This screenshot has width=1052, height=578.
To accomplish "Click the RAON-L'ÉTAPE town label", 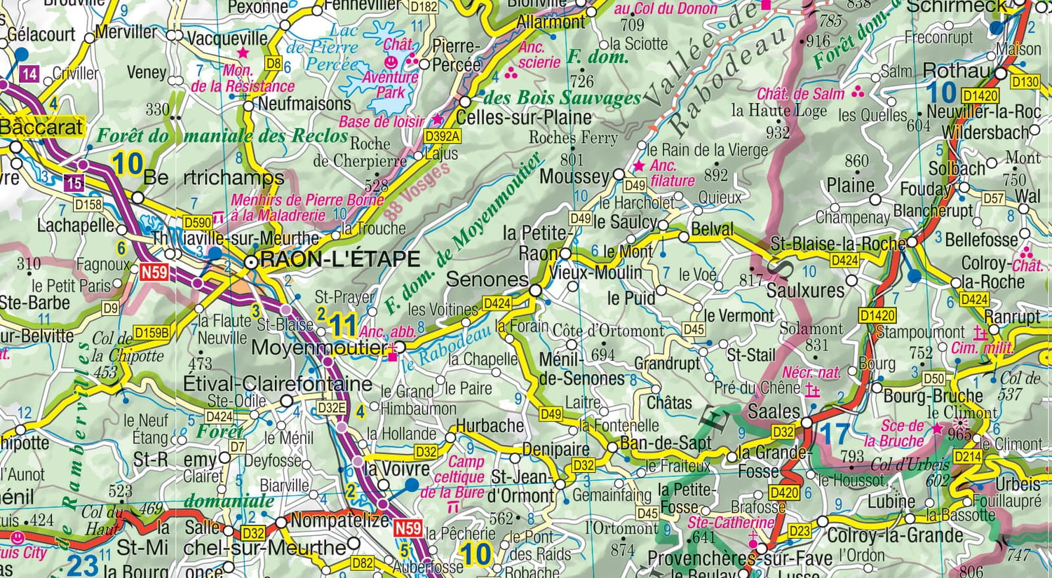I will [x=339, y=260].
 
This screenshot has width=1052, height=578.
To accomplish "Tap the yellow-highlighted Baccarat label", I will [x=42, y=128].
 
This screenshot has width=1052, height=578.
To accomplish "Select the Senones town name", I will [x=487, y=279].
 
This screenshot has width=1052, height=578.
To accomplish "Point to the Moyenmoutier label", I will [x=319, y=348].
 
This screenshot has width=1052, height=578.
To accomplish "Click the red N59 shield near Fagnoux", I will [x=154, y=271].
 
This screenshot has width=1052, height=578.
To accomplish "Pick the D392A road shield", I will [x=443, y=137].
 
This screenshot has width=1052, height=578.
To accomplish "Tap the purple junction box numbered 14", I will [x=29, y=74].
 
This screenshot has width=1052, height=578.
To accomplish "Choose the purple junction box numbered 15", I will [x=74, y=184].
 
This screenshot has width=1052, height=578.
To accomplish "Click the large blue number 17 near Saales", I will [x=835, y=434].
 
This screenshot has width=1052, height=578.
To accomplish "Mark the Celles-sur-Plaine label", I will [x=525, y=117].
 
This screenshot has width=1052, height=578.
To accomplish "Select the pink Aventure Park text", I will [x=390, y=85].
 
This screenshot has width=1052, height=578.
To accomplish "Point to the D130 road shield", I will [x=1025, y=82].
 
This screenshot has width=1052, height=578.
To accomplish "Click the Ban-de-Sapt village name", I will [x=666, y=443].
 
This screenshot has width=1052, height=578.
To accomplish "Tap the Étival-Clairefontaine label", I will [x=277, y=384].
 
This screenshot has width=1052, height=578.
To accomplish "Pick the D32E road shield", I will [x=332, y=408].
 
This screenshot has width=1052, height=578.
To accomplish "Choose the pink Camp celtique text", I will [x=464, y=469].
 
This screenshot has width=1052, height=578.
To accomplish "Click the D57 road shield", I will [x=993, y=198].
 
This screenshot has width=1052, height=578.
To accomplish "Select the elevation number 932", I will [x=778, y=132].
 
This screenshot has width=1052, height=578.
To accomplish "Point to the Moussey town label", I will [x=574, y=177].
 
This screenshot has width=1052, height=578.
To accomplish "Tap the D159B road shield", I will [x=151, y=333].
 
